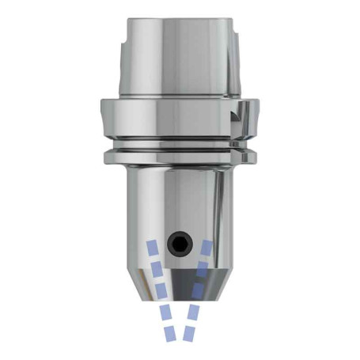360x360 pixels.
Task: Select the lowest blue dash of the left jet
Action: (171, 334)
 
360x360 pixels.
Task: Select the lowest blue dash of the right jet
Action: (190, 334)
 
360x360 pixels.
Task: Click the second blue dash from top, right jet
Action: (203, 268)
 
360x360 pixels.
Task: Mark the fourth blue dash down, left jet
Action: (165, 313)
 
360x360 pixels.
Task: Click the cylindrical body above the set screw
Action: (180, 198)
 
